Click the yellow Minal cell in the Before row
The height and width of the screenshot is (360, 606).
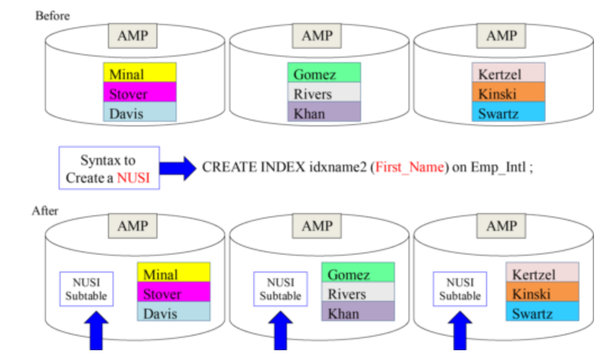[x=139, y=73]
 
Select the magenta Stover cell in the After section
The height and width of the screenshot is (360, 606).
[x=173, y=293]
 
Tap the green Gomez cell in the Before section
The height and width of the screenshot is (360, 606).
[x=324, y=73]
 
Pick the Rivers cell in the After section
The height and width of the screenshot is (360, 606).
[x=358, y=293]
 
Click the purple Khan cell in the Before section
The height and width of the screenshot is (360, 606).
[x=324, y=112]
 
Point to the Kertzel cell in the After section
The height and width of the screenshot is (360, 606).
[x=541, y=274]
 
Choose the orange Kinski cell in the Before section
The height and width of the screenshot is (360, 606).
[x=508, y=94]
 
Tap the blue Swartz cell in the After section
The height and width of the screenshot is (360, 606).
[x=541, y=313]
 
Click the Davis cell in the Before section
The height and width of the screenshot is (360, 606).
[x=139, y=112]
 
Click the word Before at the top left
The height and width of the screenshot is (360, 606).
[x=52, y=15]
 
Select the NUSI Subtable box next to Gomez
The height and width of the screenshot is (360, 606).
[x=280, y=289]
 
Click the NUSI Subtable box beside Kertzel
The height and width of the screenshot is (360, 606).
[x=460, y=289]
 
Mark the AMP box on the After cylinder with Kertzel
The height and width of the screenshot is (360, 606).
[x=501, y=226]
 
